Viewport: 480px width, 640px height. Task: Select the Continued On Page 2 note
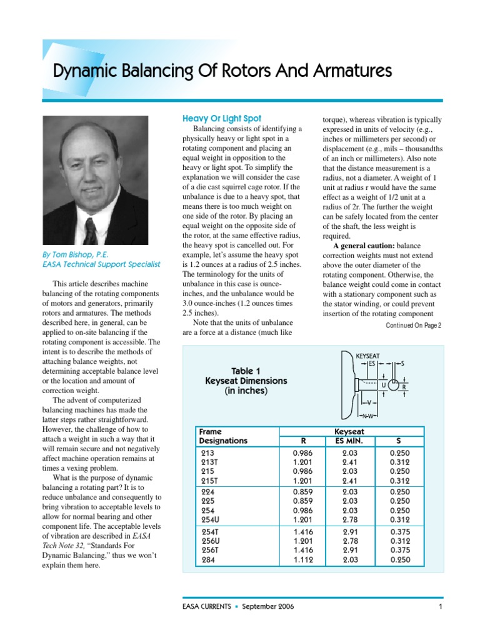(414, 325)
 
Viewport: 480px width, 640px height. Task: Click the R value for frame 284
(302, 559)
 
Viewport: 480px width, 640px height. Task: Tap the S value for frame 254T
(400, 531)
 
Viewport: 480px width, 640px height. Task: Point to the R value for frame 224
(302, 491)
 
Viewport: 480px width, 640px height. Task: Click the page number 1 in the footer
(441, 606)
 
